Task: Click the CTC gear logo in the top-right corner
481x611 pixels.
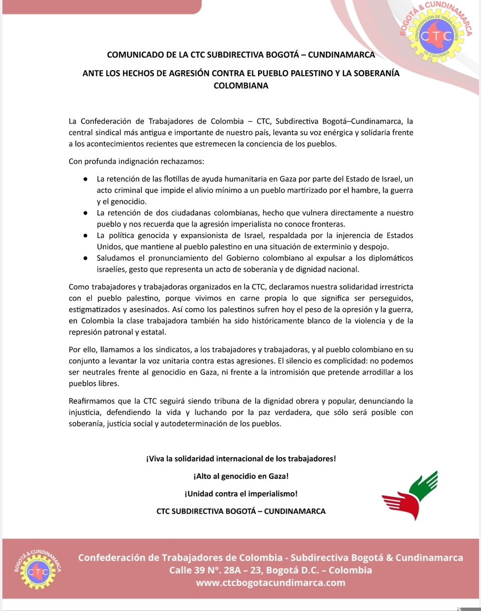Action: point(435,36)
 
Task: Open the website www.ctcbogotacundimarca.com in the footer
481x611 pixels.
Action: point(271,583)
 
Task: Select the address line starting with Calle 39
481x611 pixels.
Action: point(271,570)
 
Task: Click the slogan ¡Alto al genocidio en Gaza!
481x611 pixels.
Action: point(241,476)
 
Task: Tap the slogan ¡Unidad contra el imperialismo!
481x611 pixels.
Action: point(241,494)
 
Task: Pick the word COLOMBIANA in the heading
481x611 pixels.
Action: point(241,86)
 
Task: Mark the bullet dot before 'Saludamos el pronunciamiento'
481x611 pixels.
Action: point(86,259)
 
